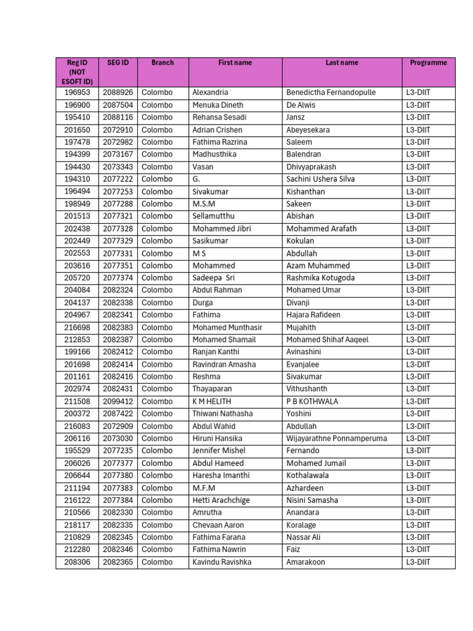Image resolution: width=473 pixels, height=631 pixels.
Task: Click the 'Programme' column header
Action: coord(428,63)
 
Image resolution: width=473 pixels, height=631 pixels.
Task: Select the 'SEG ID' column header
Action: coord(118,63)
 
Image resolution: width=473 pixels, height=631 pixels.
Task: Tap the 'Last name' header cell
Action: coord(342,63)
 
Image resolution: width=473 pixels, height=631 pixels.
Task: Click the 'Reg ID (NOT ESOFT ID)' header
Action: coord(77,72)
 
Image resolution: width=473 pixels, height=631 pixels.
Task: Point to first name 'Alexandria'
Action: coord(210,92)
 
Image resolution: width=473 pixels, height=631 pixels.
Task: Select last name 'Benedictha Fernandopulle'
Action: coord(331,92)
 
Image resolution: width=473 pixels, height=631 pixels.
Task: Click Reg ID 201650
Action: coord(77,130)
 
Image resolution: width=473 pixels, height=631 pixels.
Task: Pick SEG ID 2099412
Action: coord(118,401)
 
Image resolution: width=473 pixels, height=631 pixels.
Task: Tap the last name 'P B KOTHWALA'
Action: coord(312,401)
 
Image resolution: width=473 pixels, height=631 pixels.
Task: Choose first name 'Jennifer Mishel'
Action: coord(219,451)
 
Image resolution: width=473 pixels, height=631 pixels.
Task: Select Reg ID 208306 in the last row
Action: coord(77,562)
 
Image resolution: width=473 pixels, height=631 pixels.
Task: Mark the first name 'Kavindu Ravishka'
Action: coord(222,562)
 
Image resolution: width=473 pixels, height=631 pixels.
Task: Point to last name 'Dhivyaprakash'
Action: coord(311,167)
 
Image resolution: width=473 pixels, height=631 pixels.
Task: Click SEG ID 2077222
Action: coord(118,179)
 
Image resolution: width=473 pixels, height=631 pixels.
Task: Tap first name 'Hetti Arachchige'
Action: coord(221,500)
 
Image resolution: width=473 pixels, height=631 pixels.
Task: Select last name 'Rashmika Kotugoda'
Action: coord(320,278)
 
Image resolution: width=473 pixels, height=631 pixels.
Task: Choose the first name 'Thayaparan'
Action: coord(212,389)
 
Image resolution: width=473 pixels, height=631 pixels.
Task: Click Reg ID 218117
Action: coord(77,525)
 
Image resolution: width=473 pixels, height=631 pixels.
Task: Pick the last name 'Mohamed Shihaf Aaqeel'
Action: coord(327,340)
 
